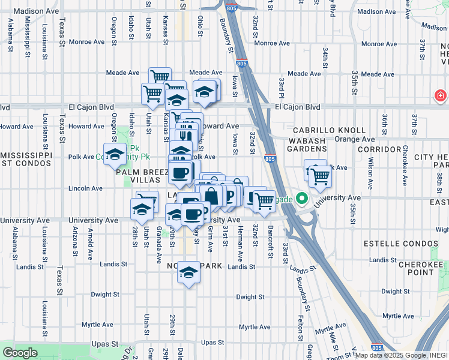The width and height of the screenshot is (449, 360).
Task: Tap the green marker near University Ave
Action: [303, 198]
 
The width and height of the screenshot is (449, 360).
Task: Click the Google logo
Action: [19, 353]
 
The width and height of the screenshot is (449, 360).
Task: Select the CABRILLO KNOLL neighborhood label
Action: [329, 130]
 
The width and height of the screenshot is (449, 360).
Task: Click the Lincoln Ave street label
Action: [86, 188]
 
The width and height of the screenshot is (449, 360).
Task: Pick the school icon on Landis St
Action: [188, 274]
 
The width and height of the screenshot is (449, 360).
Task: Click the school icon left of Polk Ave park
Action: [115, 154]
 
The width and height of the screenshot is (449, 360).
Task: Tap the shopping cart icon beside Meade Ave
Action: [160, 77]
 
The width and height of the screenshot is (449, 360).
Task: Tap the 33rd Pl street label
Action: [280, 88]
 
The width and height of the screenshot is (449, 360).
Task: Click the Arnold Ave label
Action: [90, 238]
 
